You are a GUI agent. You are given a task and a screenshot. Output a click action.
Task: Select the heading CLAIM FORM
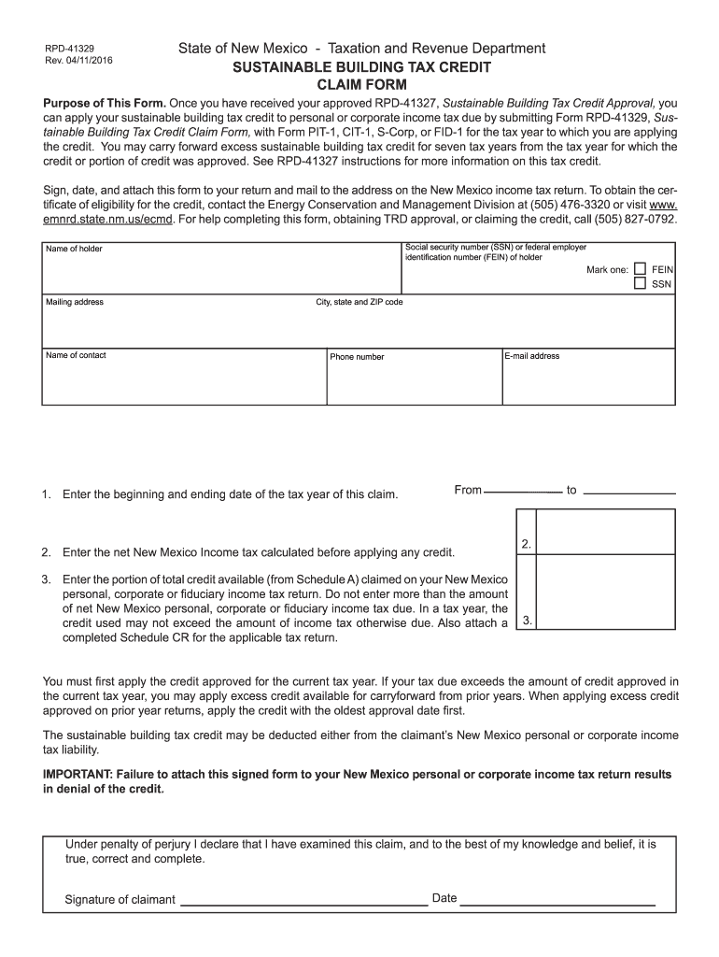point(359,85)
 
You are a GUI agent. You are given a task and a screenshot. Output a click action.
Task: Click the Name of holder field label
point(74,249)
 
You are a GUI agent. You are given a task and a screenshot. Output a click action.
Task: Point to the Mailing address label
point(75,302)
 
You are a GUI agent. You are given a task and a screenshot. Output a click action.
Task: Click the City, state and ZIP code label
point(359,302)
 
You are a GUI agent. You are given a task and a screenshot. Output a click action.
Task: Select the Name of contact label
point(76,355)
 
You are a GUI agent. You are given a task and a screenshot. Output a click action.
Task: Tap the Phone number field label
point(357,356)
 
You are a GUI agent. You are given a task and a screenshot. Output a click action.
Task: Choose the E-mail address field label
point(532,355)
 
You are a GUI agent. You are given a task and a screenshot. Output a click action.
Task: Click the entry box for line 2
point(606,532)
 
